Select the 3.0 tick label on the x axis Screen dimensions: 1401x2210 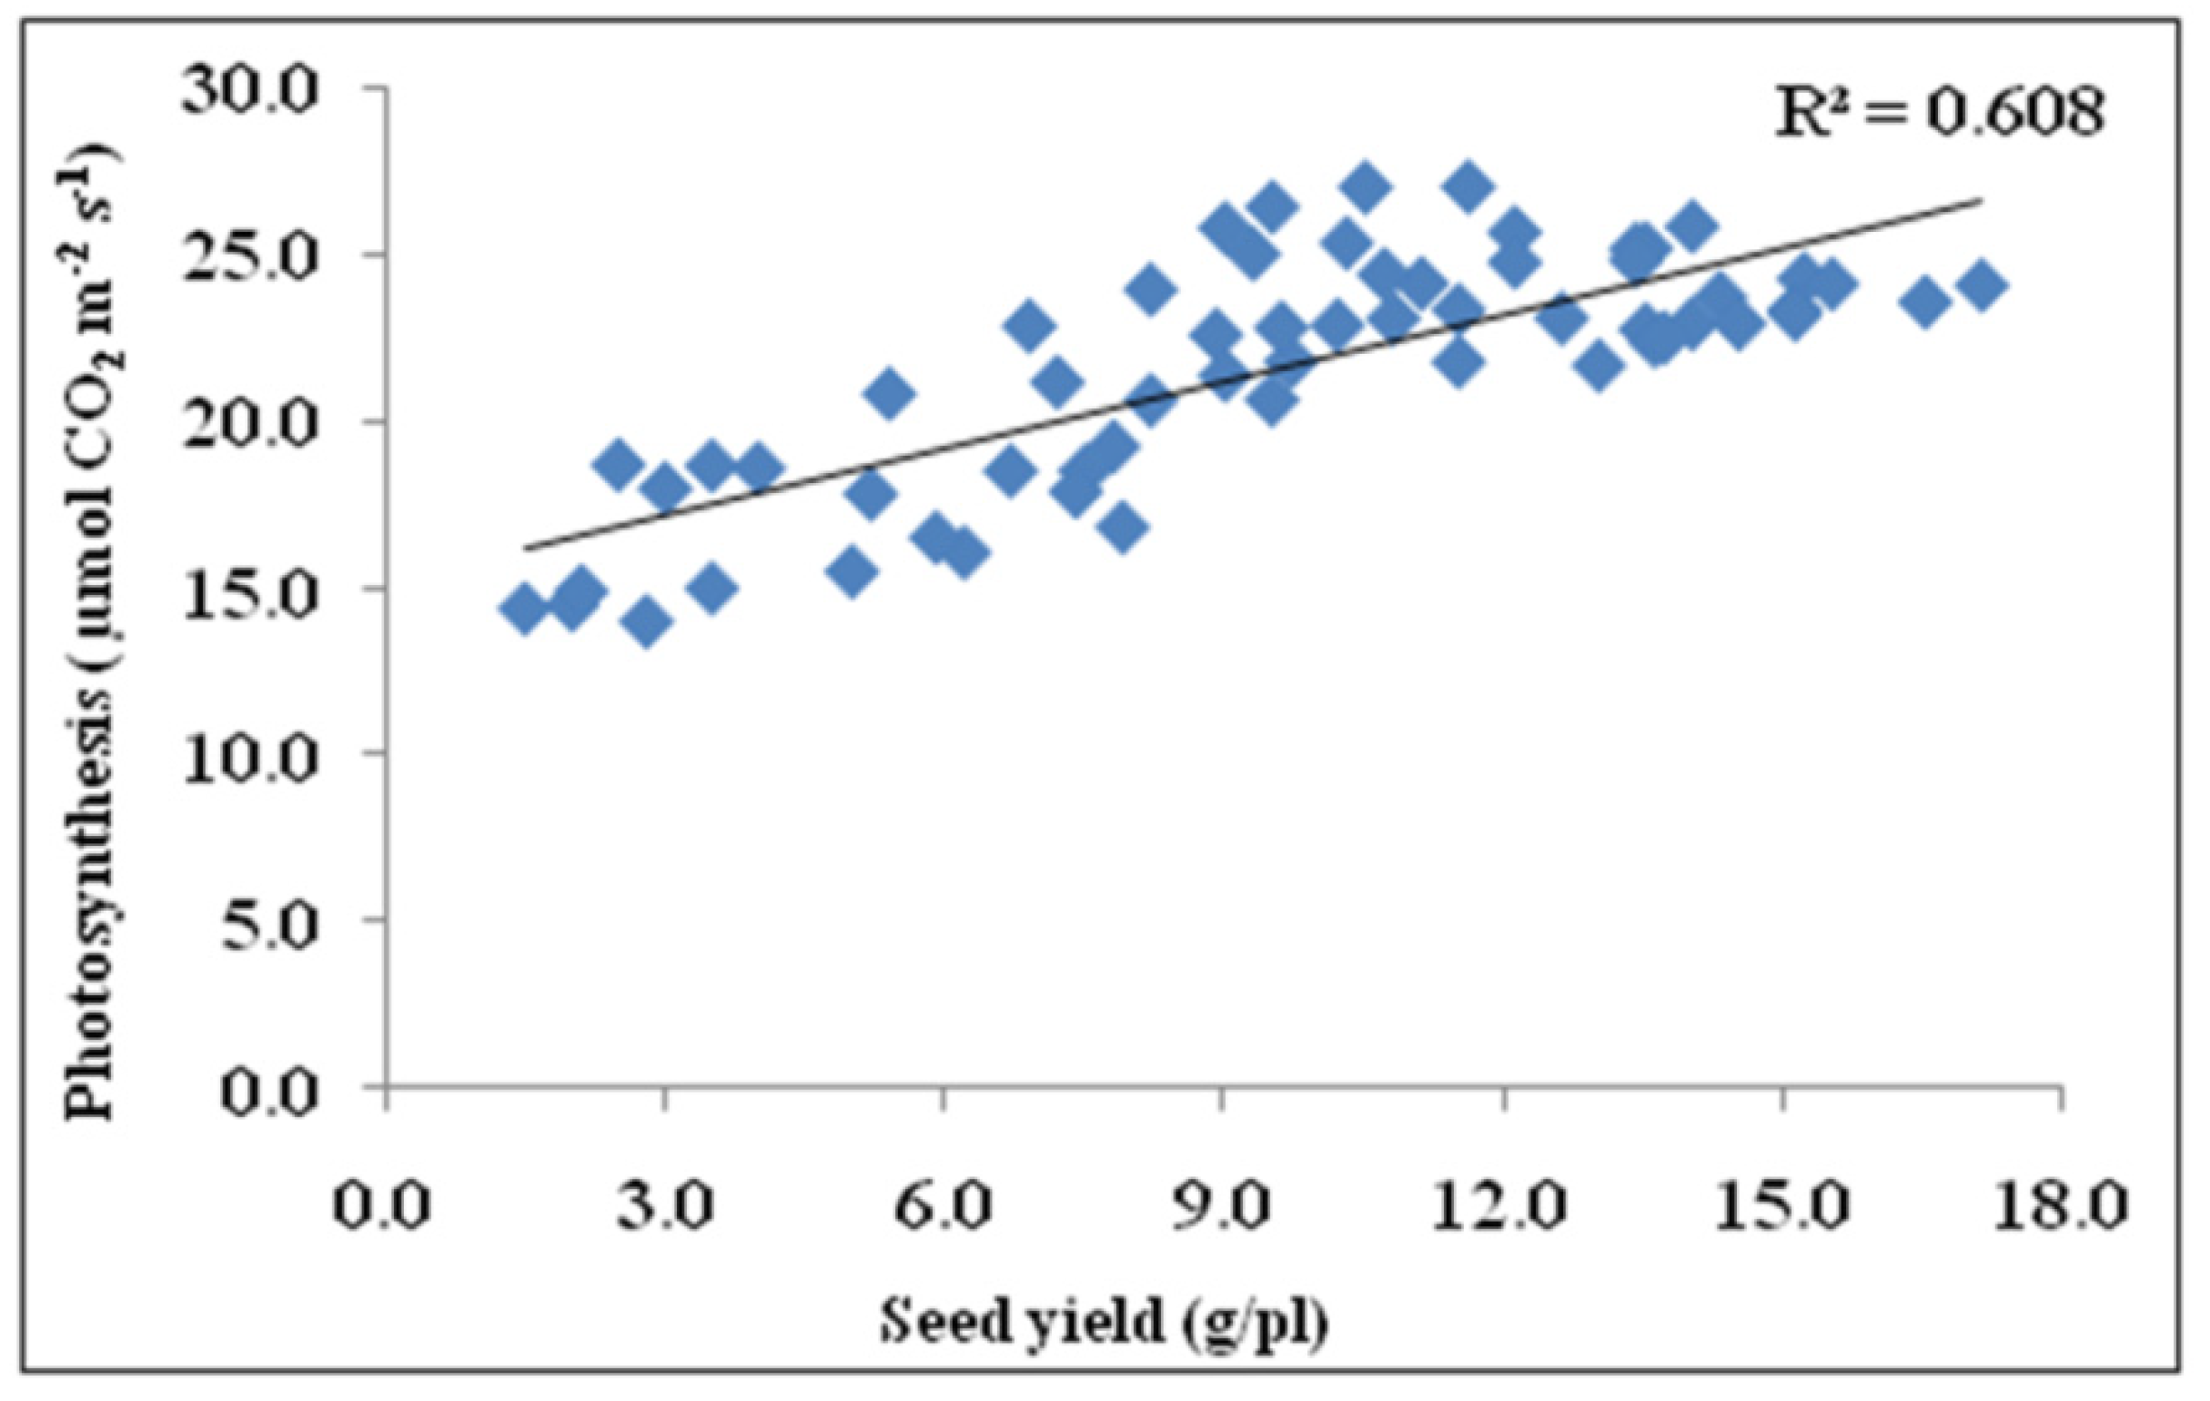coord(664,1205)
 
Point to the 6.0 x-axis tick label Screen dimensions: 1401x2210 coord(944,1205)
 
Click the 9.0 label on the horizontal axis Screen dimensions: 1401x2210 coord(1223,1205)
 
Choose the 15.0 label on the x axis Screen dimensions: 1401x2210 coord(1782,1205)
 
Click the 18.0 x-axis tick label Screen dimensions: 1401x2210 coord(2062,1205)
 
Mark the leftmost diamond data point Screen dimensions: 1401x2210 coord(525,610)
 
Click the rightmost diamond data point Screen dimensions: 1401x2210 coord(1983,286)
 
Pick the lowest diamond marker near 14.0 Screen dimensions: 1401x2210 coord(646,623)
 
